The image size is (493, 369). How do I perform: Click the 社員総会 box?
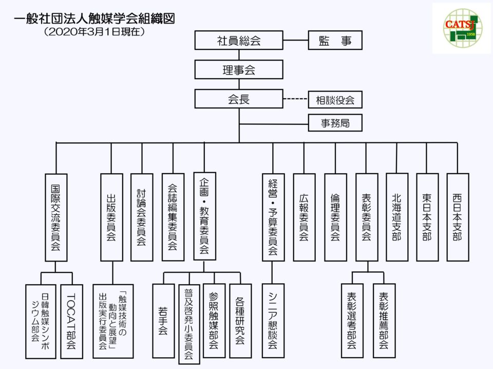coord(239,40)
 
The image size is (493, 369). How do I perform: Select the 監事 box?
coord(335,40)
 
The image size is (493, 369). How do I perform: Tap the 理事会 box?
coord(239,69)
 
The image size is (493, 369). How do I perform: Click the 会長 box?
coord(239,99)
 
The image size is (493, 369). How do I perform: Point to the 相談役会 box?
coord(335,99)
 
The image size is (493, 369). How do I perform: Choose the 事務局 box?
coord(335,123)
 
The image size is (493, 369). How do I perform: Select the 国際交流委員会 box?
coord(56,217)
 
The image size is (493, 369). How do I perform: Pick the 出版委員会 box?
coord(111,217)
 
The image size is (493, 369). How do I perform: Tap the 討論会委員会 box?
coord(142,217)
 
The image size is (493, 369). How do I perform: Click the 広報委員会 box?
coord(304,217)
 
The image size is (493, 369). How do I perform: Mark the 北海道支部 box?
coord(396,217)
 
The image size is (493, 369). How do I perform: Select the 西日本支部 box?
coord(458,217)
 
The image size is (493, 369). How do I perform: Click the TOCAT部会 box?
coord(71,321)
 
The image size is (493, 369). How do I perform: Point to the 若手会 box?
coord(163,321)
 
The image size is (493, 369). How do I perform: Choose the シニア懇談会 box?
coord(273,321)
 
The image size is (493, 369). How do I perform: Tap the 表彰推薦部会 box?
coord(384,321)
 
